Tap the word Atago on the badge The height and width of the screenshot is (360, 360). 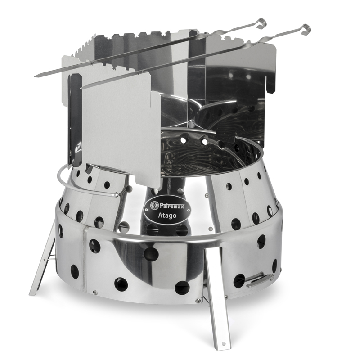tap(167, 216)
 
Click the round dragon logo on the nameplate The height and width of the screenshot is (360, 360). tap(154, 206)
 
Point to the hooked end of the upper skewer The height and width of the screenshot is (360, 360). tap(262, 24)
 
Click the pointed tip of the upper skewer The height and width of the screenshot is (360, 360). tap(35, 76)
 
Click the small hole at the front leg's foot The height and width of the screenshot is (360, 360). tap(223, 344)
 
